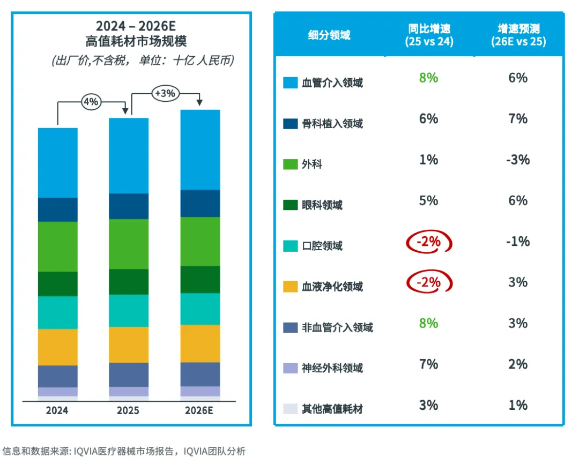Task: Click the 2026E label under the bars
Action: pyautogui.click(x=200, y=411)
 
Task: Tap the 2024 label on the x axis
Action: pyautogui.click(x=57, y=411)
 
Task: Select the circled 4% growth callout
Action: pyautogui.click(x=91, y=102)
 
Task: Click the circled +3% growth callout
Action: pyautogui.click(x=165, y=93)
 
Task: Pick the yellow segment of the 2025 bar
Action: pyautogui.click(x=129, y=344)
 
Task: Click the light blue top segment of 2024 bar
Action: pyautogui.click(x=57, y=163)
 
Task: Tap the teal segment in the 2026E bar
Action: pyautogui.click(x=200, y=309)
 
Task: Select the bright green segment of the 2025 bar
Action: pyautogui.click(x=129, y=244)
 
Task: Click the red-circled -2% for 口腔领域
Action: pyautogui.click(x=428, y=242)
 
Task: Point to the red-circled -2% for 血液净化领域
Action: pyautogui.click(x=428, y=283)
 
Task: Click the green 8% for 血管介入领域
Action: pyautogui.click(x=428, y=78)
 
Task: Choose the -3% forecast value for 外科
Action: pyautogui.click(x=518, y=160)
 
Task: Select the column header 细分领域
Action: pyautogui.click(x=329, y=35)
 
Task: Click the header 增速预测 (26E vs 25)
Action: pyautogui.click(x=518, y=35)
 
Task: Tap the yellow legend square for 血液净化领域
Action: pyautogui.click(x=290, y=287)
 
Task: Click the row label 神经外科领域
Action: pyautogui.click(x=332, y=368)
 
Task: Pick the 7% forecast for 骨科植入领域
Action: pyautogui.click(x=518, y=119)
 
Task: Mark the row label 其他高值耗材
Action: pyautogui.click(x=332, y=409)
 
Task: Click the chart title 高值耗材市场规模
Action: pyautogui.click(x=136, y=41)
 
